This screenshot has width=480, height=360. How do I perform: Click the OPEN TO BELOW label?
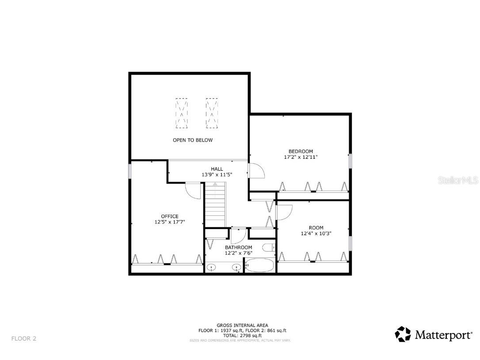[192, 140]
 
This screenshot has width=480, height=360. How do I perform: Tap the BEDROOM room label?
[301, 151]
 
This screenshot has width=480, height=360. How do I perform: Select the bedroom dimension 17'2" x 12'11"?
[301, 157]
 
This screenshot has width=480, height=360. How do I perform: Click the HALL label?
[217, 169]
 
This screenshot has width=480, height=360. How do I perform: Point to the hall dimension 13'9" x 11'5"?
[217, 175]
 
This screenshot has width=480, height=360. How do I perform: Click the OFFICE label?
[170, 216]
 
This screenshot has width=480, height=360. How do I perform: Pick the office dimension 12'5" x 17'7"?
[170, 222]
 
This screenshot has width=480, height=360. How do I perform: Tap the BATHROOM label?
[238, 247]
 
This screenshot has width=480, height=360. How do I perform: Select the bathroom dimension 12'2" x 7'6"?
[238, 253]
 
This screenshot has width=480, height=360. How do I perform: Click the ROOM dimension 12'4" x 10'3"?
[316, 234]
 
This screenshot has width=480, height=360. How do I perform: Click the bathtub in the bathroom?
[259, 266]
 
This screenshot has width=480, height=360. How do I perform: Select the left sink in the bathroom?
[212, 267]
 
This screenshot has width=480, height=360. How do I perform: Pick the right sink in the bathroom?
[236, 267]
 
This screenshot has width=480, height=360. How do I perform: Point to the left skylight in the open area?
[181, 113]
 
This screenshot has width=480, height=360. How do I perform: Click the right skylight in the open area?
[212, 113]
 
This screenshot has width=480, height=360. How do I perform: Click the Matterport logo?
[434, 335]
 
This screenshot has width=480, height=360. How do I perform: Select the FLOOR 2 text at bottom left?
[24, 339]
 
